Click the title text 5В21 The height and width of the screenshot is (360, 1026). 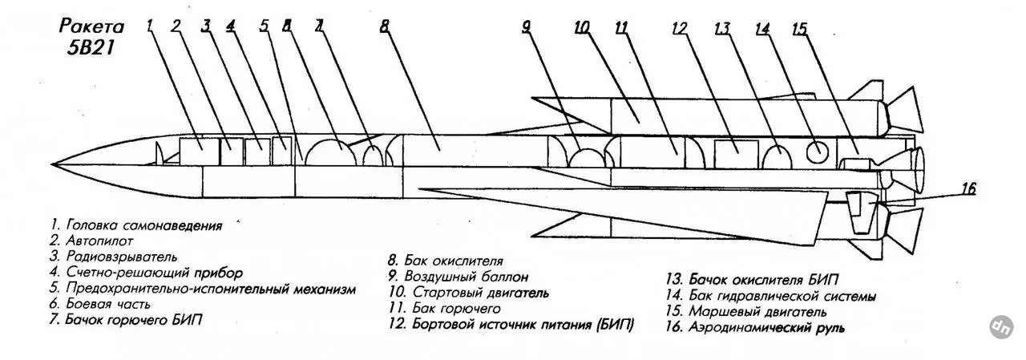coord(91,47)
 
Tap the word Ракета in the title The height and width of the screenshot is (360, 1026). coord(91,26)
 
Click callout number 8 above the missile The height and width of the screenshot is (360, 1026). coord(384,26)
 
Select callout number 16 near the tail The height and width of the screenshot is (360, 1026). coord(968,188)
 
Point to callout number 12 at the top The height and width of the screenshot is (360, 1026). coord(680,29)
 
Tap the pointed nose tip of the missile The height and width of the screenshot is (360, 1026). coord(52,164)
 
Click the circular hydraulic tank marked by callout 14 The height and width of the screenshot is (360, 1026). coord(818,152)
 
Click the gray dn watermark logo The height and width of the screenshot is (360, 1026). coord(1001,327)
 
